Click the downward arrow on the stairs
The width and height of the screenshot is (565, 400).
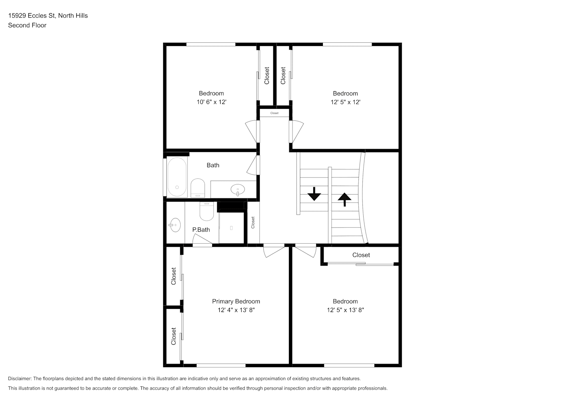[314, 194]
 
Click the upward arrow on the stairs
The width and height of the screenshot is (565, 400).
[344, 200]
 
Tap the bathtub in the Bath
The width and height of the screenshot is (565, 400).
[177, 177]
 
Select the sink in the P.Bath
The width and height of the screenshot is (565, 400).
[175, 225]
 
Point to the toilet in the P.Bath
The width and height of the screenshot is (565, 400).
[207, 211]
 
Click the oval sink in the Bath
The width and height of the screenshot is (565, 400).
[238, 190]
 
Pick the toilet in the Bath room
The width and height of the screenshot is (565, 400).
[197, 188]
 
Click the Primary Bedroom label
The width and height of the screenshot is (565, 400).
[236, 301]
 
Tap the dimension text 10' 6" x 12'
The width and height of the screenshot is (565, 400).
[211, 102]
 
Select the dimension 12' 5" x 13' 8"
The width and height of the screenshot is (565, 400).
[345, 310]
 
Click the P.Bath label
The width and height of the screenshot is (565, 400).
[201, 230]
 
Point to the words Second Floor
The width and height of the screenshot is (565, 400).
[27, 25]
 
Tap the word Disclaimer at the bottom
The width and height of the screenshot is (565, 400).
[20, 378]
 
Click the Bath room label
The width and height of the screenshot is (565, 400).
[213, 165]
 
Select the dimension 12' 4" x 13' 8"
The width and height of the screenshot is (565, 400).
[236, 310]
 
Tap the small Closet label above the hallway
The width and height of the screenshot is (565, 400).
[275, 113]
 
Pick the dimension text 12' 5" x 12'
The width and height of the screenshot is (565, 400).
[345, 102]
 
